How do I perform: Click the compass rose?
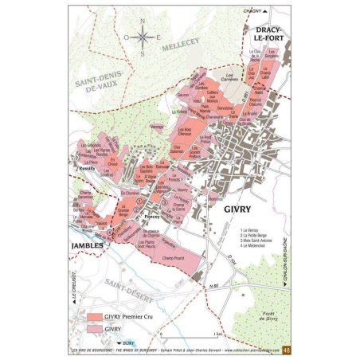[x=141, y=37]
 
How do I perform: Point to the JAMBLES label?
[x=86, y=245]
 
